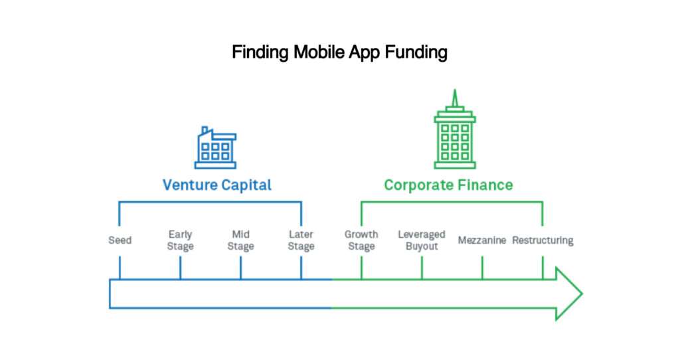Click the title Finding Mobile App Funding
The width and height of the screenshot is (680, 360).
pyautogui.click(x=339, y=52)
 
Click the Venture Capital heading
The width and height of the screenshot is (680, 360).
pyautogui.click(x=217, y=185)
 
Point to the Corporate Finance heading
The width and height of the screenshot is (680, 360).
pyautogui.click(x=448, y=185)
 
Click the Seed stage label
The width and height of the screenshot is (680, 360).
pyautogui.click(x=120, y=240)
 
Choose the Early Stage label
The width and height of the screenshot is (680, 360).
pyautogui.click(x=181, y=240)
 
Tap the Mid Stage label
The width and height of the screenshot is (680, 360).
pyautogui.click(x=240, y=240)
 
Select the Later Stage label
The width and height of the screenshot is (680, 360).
pyautogui.click(x=301, y=240)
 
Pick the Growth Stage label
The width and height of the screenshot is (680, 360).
pyautogui.click(x=361, y=240)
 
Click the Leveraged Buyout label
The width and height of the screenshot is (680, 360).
pyautogui.click(x=422, y=240)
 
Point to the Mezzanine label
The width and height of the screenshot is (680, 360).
pyautogui.click(x=482, y=240)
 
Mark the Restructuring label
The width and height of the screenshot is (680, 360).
pyautogui.click(x=543, y=240)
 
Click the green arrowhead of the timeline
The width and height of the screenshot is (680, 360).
pyautogui.click(x=569, y=294)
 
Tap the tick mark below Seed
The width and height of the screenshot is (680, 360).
pyautogui.click(x=120, y=268)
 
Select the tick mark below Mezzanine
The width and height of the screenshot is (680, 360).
pyautogui.click(x=482, y=268)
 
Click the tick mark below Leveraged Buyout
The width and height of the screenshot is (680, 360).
pyautogui.click(x=422, y=268)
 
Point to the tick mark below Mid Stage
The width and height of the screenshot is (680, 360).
pyautogui.click(x=240, y=268)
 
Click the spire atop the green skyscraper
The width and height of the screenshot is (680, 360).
pyautogui.click(x=455, y=98)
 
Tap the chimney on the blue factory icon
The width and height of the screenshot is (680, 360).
pyautogui.click(x=205, y=131)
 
